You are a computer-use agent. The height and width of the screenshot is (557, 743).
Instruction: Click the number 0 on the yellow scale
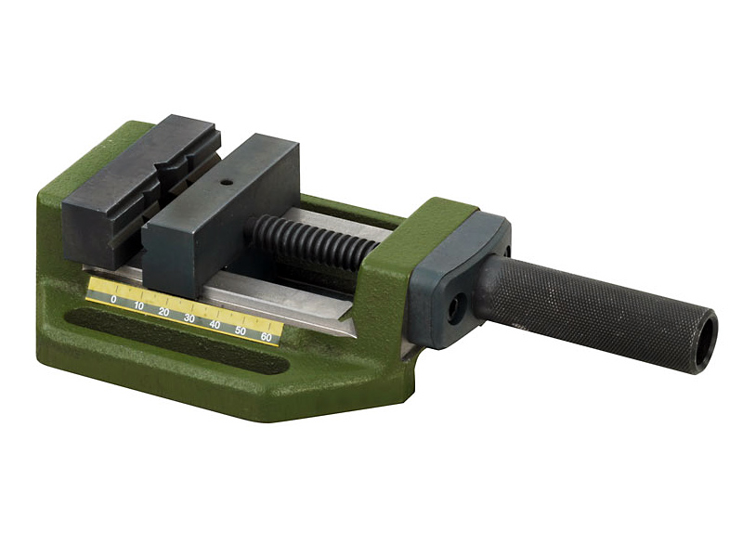tap(113, 299)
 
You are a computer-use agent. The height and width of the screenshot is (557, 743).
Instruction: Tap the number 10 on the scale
tap(138, 305)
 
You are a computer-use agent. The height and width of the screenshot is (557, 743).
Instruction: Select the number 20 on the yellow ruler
tap(164, 312)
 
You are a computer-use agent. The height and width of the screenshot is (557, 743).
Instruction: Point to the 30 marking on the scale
tap(189, 318)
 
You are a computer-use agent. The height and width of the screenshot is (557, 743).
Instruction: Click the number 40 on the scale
tap(215, 325)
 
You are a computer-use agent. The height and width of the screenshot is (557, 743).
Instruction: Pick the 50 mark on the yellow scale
tap(241, 331)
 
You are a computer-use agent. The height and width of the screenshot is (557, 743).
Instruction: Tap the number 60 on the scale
tap(267, 338)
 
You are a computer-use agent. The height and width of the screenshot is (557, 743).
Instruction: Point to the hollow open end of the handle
tap(707, 339)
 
